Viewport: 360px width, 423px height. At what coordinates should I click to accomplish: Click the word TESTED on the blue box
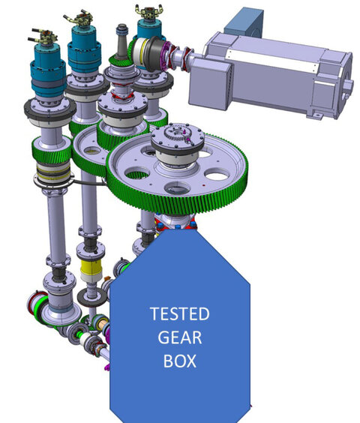(180, 313)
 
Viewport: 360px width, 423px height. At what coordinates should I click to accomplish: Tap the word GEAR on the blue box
(180, 337)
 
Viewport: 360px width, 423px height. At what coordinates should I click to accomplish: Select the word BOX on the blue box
(180, 361)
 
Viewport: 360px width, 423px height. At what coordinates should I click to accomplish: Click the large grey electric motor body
(270, 76)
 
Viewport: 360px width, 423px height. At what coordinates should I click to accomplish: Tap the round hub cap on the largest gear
(177, 137)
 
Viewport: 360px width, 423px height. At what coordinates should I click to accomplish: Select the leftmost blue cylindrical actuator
(48, 70)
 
